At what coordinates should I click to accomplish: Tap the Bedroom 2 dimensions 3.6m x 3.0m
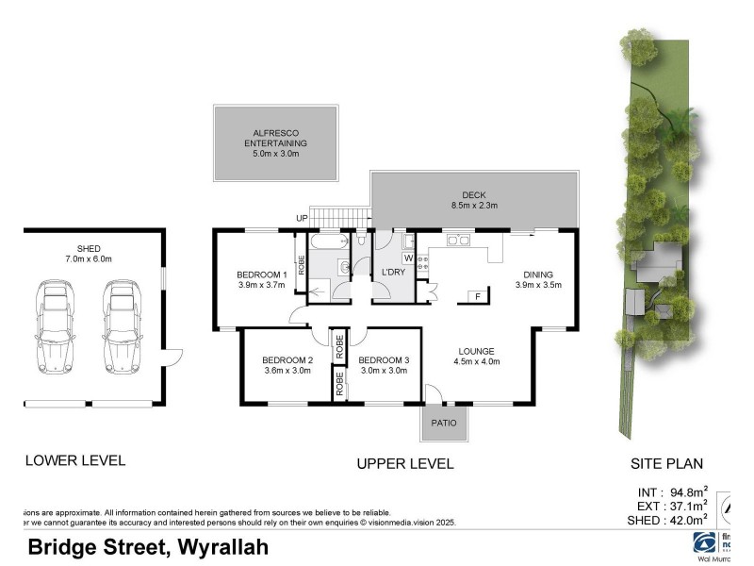click(x=287, y=371)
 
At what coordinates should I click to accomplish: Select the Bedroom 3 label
click(x=384, y=359)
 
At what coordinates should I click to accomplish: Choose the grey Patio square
click(x=444, y=423)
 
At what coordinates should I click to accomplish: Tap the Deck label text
click(x=473, y=193)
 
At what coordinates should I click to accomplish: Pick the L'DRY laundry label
click(x=393, y=274)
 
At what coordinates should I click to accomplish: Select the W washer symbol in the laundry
click(x=408, y=257)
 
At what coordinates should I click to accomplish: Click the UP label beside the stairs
click(x=302, y=219)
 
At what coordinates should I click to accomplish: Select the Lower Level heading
click(x=74, y=460)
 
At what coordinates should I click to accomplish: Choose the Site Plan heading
click(x=666, y=463)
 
